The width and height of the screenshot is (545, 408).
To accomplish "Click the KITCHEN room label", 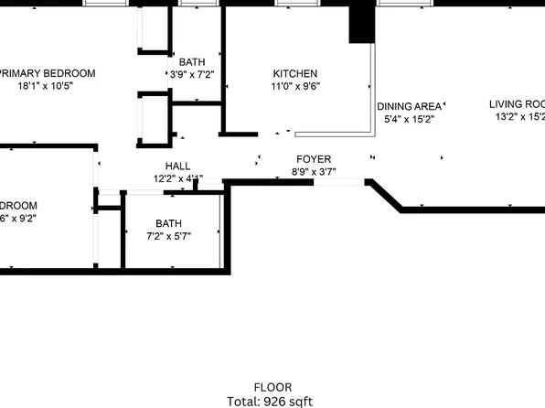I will point(295,74).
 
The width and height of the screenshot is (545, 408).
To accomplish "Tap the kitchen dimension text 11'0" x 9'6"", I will point(295,87).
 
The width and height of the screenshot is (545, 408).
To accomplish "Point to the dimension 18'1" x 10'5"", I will point(45,86).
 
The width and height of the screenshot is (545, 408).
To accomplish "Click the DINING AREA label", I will point(410,106).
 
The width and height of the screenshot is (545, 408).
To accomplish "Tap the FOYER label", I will point(312,159).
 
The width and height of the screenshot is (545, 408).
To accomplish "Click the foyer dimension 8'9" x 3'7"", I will point(312,171).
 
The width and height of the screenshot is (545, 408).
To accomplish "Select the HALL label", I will point(177,166).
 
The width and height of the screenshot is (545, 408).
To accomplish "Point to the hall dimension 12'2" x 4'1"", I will point(177,178).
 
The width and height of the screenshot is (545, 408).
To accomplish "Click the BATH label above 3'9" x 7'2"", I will point(192,61).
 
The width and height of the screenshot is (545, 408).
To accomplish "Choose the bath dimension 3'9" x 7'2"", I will point(192,74).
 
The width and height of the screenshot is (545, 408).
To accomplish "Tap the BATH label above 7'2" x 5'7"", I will point(168,223).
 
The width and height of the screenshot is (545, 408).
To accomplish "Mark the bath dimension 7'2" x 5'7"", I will point(168,235).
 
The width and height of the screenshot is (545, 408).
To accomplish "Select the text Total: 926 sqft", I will point(272,401).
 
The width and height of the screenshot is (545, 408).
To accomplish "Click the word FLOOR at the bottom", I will point(272,388).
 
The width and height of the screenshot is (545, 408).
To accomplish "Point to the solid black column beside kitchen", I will point(361,22).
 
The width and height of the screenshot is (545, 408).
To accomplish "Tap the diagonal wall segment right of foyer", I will point(385,196).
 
